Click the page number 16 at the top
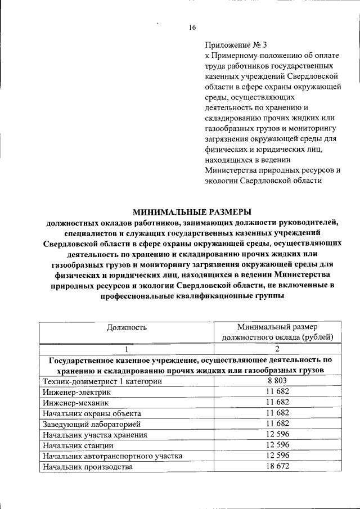191,28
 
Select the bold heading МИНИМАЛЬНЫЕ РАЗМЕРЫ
191,211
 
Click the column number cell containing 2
277,348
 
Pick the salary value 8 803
277,381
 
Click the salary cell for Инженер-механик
277,403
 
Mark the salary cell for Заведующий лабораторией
277,424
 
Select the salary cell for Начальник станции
277,445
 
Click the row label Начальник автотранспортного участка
112,456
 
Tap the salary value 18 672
277,467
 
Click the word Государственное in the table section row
84,359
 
